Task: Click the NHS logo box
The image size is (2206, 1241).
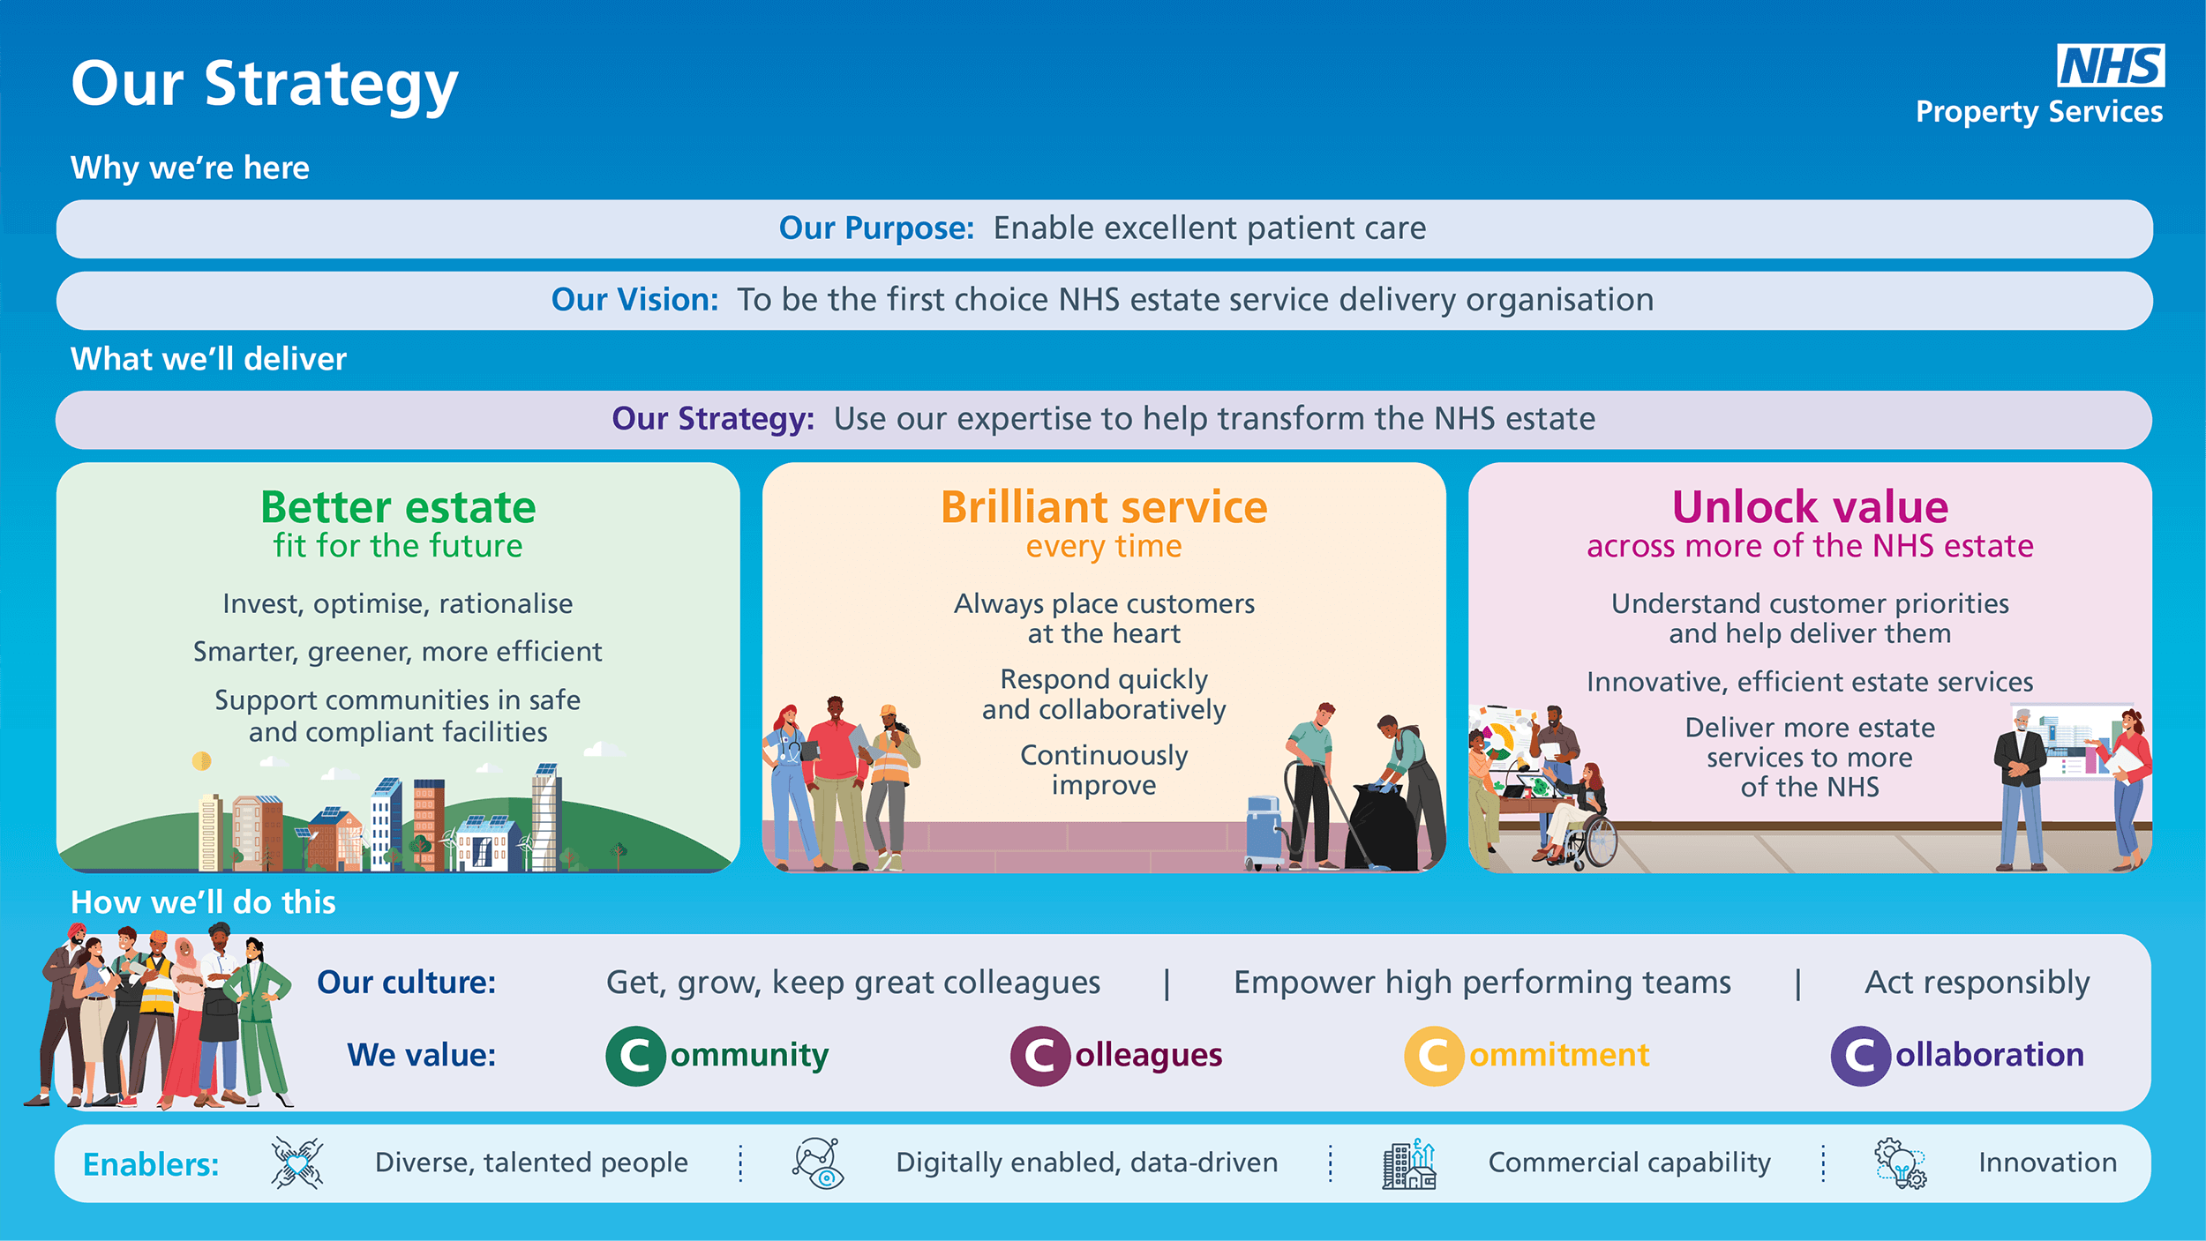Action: [x=2111, y=65]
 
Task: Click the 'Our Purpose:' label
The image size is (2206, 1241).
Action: [x=876, y=228]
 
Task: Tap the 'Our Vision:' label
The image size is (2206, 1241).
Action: [x=634, y=300]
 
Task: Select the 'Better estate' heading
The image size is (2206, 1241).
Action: [x=398, y=507]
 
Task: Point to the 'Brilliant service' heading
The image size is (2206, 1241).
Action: [x=1104, y=507]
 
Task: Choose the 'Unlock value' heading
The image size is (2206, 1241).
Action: [x=1810, y=507]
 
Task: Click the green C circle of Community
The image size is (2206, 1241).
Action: [x=635, y=1056]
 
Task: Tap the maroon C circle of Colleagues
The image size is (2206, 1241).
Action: [x=1040, y=1056]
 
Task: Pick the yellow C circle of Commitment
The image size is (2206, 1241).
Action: [x=1434, y=1056]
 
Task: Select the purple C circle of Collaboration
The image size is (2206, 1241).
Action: [x=1860, y=1056]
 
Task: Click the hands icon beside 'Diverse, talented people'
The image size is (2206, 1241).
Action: [x=297, y=1163]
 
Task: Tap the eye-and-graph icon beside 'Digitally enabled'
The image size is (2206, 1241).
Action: [x=818, y=1163]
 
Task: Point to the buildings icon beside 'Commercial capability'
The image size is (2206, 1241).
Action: [x=1409, y=1163]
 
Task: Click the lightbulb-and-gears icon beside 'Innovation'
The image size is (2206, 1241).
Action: [x=1901, y=1163]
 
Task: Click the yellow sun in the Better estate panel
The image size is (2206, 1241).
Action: [x=202, y=760]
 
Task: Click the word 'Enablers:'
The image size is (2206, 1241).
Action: [x=151, y=1165]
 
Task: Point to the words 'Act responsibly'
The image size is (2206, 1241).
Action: [x=1977, y=983]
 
